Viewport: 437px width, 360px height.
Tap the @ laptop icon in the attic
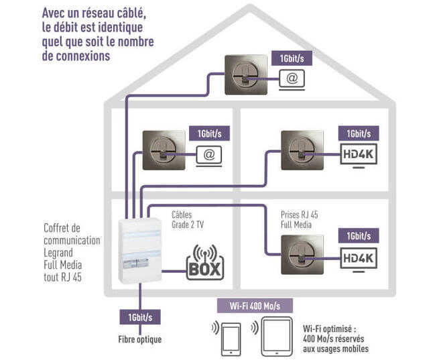coord(291,79)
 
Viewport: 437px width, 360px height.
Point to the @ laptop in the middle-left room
coord(208,154)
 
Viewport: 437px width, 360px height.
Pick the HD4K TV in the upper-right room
coord(359,154)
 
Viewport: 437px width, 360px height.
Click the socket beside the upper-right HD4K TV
coord(300,149)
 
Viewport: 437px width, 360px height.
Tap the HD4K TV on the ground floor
coord(359,257)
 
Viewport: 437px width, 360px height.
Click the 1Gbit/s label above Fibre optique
coord(139,316)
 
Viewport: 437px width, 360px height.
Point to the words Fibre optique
coord(140,339)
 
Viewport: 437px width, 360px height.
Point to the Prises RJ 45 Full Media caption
coord(299,219)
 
